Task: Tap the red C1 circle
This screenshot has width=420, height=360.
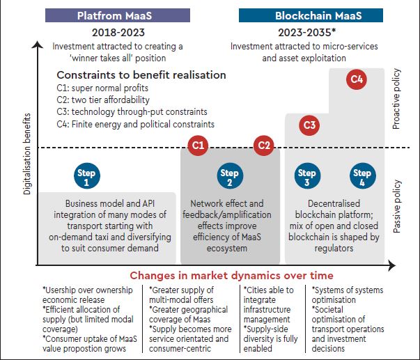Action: [199, 146]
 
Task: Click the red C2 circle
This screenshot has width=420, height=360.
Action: [263, 146]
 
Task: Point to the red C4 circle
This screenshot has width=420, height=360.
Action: [357, 80]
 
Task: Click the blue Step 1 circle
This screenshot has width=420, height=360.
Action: [87, 178]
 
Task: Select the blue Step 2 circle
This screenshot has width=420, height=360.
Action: [229, 178]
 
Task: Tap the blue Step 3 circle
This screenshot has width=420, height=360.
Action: [306, 178]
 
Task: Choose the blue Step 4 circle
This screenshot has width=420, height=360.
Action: [361, 178]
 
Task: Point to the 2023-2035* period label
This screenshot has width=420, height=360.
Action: [309, 32]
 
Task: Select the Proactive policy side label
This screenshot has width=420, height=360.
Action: [397, 102]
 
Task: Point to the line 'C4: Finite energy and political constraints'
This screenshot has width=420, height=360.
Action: [136, 124]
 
